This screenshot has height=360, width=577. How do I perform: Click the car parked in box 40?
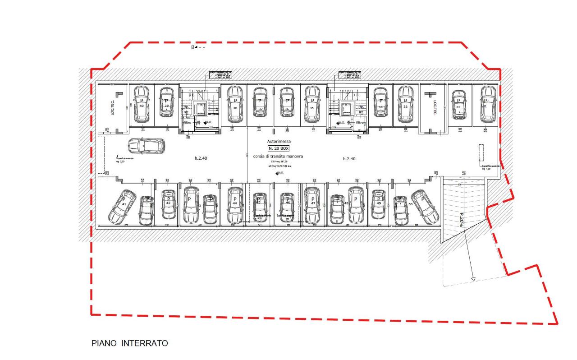(142, 104)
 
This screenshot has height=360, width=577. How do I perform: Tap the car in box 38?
(235, 104)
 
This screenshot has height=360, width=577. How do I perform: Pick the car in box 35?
(311, 104)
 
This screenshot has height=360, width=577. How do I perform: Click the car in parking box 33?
(406, 104)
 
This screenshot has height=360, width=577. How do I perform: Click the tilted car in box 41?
(122, 207)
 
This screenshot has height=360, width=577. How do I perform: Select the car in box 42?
(169, 204)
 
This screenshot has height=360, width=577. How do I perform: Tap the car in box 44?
(235, 205)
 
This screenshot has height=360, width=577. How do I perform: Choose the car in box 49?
(379, 204)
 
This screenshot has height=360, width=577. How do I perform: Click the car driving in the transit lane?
(146, 146)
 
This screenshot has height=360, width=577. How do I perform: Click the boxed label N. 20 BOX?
(279, 148)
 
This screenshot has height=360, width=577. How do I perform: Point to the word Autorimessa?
(279, 141)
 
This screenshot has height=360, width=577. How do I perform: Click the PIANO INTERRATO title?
(130, 343)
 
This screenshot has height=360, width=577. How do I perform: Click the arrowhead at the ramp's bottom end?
(473, 279)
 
